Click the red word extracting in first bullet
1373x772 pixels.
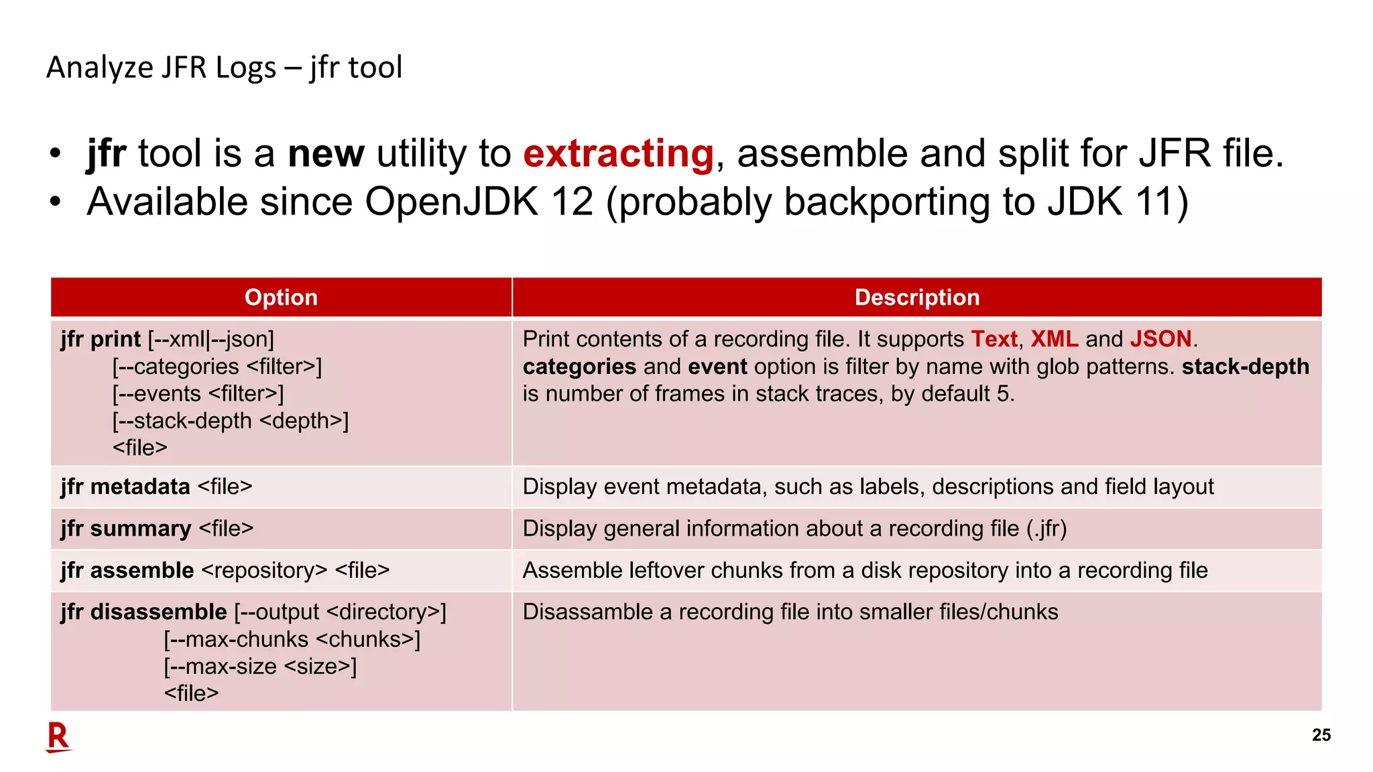[x=618, y=154]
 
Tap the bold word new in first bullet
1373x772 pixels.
[x=326, y=154]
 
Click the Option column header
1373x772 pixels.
[x=281, y=298]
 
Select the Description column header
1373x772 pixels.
[x=916, y=298]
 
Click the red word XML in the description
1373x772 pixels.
[x=1054, y=339]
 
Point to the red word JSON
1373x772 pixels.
[x=1160, y=339]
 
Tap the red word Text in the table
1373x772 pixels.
[x=994, y=339]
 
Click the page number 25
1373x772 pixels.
[x=1321, y=735]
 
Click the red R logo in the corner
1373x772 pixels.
[x=58, y=737]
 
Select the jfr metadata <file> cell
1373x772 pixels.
[x=156, y=487]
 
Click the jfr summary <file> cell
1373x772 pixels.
[x=157, y=529]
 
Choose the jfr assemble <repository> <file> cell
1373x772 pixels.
[x=225, y=570]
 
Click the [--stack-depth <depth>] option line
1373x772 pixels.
[x=231, y=421]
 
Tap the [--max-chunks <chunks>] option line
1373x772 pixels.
[x=292, y=639]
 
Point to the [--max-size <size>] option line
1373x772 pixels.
[x=260, y=667]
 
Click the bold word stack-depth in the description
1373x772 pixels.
[x=1245, y=367]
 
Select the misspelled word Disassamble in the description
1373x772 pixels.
[x=577, y=612]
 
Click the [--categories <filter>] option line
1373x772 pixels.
[x=217, y=367]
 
